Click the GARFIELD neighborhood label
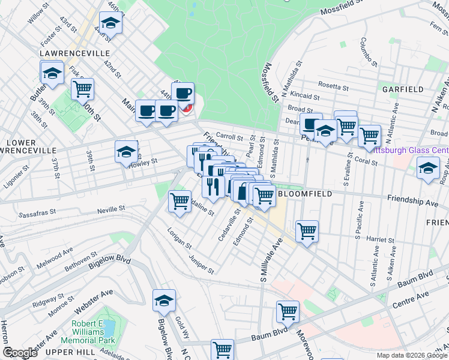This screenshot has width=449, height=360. click(x=403, y=89)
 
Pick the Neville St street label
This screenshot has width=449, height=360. click(x=112, y=209)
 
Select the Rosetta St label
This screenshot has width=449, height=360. click(x=334, y=87)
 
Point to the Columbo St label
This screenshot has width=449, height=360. click(x=367, y=52)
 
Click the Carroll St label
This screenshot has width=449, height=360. click(x=228, y=137)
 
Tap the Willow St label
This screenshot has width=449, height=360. click(x=37, y=12)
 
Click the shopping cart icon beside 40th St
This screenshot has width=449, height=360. click(x=82, y=89)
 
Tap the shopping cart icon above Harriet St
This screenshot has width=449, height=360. click(x=306, y=230)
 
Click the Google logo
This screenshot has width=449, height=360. click(x=19, y=353)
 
